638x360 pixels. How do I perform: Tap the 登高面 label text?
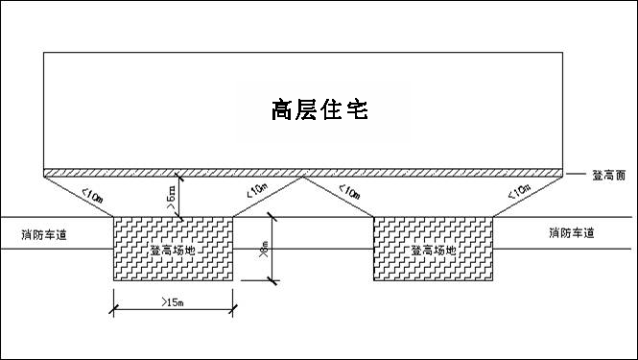609,175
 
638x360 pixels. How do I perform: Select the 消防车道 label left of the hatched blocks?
47,233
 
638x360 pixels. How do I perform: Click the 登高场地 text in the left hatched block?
173,250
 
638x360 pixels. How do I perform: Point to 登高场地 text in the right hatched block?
433,250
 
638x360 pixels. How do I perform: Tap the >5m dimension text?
171,199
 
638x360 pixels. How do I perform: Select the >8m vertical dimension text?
265,249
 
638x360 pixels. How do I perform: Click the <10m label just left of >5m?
94,196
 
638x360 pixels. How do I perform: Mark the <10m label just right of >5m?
256,194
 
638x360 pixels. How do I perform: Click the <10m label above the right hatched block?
350,196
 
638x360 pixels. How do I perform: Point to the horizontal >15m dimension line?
174,310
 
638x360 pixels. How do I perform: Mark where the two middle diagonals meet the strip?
303,178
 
